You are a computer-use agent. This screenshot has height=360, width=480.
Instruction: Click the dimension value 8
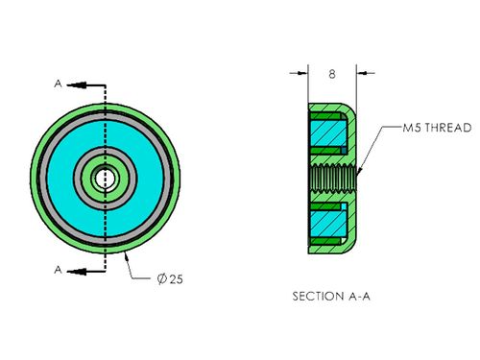[x=332, y=74]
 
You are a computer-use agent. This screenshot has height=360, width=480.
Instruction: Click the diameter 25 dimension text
[x=170, y=279]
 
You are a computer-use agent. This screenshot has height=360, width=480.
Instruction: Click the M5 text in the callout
[x=413, y=128]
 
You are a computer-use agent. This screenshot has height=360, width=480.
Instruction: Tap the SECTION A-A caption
[x=331, y=297]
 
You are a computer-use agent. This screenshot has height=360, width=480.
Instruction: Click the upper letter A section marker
[x=58, y=84]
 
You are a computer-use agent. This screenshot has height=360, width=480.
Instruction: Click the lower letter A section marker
[x=58, y=270]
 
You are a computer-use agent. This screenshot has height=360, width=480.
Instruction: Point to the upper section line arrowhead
[x=76, y=85]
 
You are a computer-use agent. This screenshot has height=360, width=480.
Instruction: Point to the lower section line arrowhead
[x=76, y=272]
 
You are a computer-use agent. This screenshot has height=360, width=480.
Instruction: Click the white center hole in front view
[x=103, y=179]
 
